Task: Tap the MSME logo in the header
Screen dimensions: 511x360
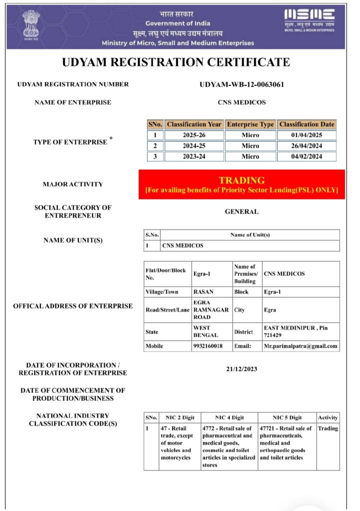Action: tap(309, 19)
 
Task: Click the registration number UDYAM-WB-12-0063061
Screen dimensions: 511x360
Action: tap(242, 84)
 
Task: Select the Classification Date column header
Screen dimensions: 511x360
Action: tap(307, 124)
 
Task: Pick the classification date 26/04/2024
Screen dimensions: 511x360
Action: tap(307, 146)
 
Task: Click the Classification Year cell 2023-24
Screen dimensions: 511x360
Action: tap(194, 156)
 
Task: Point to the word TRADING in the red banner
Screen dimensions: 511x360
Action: tap(242, 180)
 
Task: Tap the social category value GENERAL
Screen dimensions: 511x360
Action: tap(242, 212)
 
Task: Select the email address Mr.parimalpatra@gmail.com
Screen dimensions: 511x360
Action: tap(301, 346)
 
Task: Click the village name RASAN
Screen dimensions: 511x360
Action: tap(203, 291)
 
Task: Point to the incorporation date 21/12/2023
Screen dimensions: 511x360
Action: tap(242, 369)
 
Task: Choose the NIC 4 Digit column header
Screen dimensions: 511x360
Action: tap(229, 417)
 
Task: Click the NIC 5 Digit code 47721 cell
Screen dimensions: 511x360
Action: tap(286, 443)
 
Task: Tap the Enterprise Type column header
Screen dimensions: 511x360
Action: tap(250, 124)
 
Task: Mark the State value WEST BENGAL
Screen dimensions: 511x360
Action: tap(205, 331)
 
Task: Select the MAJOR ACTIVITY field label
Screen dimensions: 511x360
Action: tap(73, 184)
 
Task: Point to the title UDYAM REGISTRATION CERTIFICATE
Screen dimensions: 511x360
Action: tap(176, 62)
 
